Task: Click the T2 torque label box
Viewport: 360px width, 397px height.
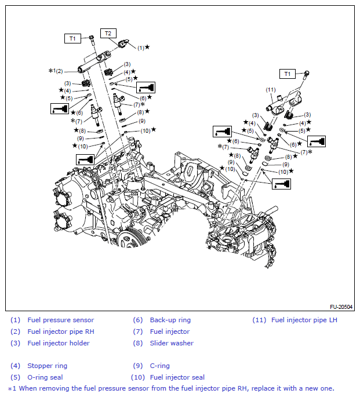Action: click(108, 33)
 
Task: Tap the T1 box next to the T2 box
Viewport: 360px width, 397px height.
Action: click(72, 38)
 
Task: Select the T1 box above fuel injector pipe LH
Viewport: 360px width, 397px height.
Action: click(288, 74)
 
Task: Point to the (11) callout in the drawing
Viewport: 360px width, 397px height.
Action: click(270, 89)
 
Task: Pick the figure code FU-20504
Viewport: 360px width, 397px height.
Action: click(341, 307)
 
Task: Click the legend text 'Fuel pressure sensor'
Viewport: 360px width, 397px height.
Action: click(61, 320)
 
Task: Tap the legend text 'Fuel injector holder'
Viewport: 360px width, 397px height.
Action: click(59, 343)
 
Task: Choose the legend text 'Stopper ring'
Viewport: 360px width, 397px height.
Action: click(47, 366)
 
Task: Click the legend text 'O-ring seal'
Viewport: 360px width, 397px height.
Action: click(45, 377)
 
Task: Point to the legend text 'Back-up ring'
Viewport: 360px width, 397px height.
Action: click(170, 320)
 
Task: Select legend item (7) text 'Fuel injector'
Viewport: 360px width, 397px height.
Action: click(169, 332)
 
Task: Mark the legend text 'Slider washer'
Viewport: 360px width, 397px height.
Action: click(172, 343)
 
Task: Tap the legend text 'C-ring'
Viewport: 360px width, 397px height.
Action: click(160, 366)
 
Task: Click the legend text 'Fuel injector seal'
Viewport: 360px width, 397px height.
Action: click(177, 377)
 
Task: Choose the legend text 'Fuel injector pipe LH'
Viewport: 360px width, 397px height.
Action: click(304, 320)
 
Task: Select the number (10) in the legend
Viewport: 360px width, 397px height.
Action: click(138, 377)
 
